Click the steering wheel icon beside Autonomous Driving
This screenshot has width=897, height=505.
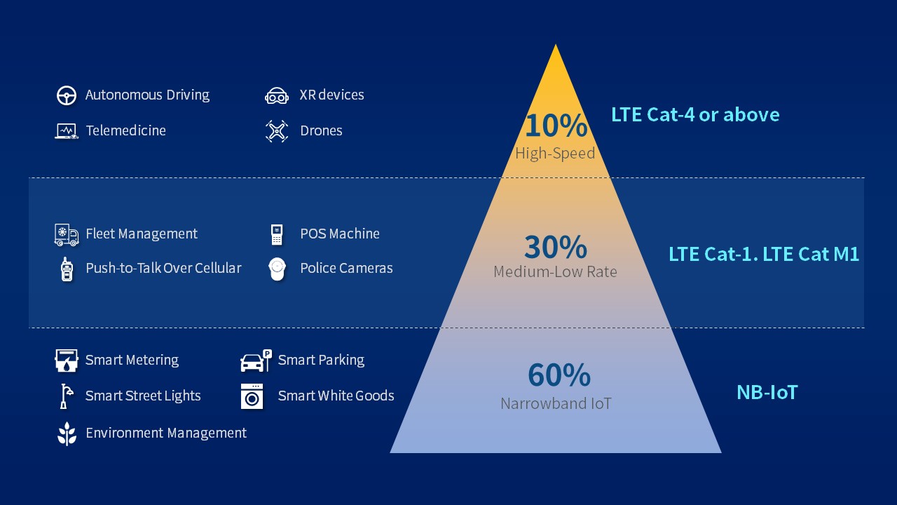coord(67,95)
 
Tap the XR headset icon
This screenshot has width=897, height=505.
coord(277,95)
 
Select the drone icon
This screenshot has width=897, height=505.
coord(277,131)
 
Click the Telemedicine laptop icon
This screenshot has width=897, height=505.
coord(67,131)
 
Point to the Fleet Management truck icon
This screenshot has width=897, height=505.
coord(67,234)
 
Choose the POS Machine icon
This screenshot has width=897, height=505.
coord(277,234)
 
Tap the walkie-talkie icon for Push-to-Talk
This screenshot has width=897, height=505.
coord(67,269)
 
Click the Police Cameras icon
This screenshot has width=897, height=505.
coord(278,269)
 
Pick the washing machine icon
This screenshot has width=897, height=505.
coord(252,396)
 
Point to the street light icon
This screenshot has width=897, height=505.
coord(65,396)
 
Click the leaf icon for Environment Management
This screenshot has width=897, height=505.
coord(67,433)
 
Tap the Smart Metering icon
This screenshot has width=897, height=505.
coord(67,361)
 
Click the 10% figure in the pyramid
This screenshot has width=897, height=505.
coord(556,126)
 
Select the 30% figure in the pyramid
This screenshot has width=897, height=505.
coord(556,247)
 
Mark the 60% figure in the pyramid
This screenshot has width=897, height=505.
coord(559,375)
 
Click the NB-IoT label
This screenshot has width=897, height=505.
coord(767,392)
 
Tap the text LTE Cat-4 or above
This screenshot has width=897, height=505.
coord(695,114)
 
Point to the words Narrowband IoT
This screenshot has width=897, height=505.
coord(556,403)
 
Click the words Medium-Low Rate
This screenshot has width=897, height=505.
coord(555,271)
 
